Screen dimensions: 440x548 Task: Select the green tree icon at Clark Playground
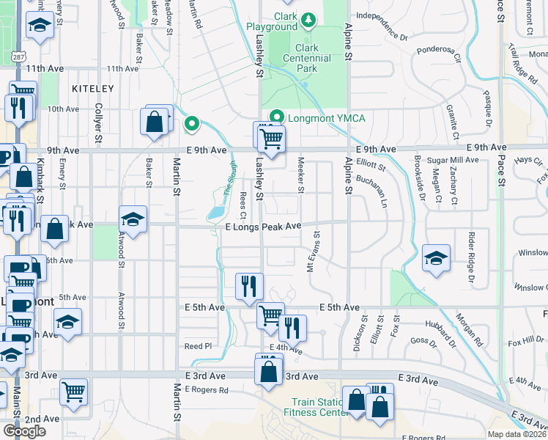(x=309, y=19)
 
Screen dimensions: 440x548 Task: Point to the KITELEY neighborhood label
(x=93, y=88)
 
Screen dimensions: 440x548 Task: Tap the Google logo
(x=24, y=431)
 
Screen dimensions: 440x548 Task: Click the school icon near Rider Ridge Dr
(x=436, y=257)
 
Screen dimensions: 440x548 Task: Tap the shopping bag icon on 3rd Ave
(x=269, y=370)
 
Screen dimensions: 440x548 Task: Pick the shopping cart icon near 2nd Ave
(x=74, y=392)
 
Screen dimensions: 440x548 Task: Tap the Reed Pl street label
(x=198, y=346)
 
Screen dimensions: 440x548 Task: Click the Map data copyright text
(x=516, y=434)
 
